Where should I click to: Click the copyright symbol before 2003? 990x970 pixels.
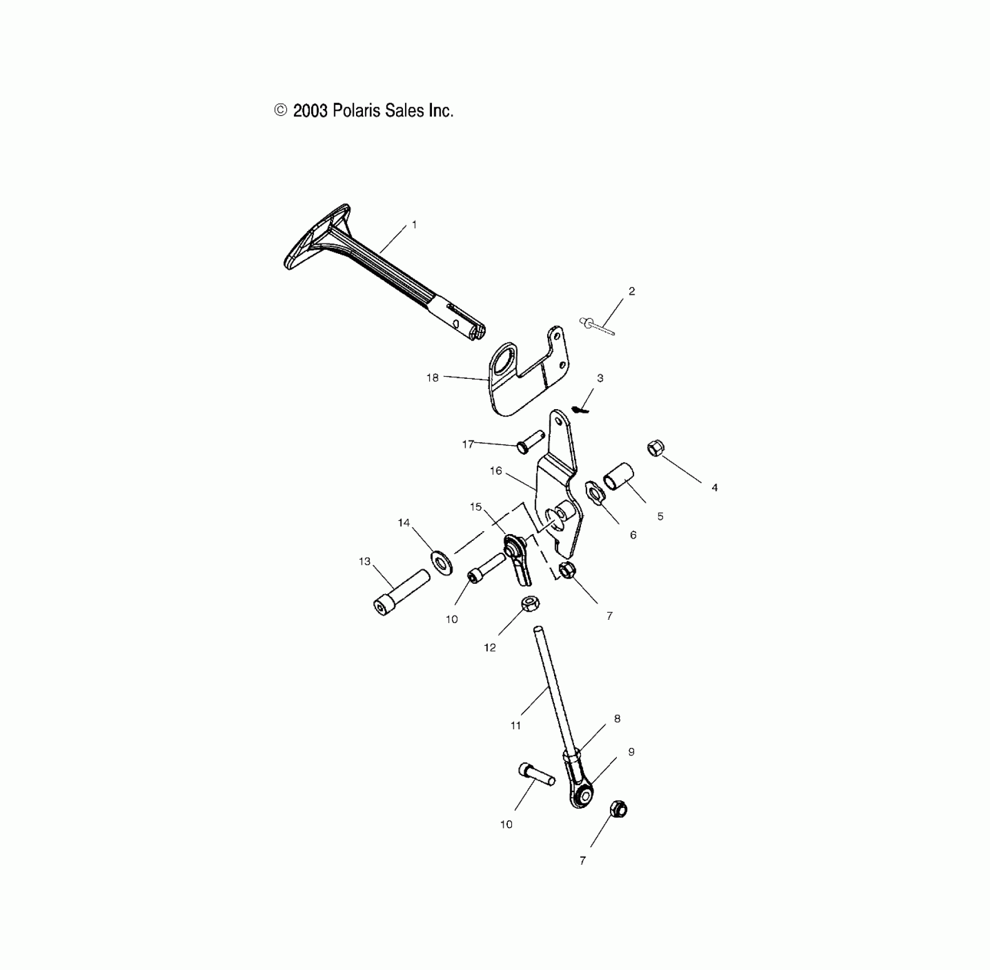point(281,110)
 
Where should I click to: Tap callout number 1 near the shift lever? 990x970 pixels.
point(414,225)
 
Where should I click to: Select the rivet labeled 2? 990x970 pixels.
point(597,326)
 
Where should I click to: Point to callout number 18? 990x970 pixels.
point(433,378)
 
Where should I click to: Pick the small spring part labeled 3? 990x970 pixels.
point(580,409)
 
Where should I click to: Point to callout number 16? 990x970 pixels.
point(496,471)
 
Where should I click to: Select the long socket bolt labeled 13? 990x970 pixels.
point(401,592)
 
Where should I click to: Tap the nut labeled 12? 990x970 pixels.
point(531,604)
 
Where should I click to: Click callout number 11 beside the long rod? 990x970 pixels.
point(516,726)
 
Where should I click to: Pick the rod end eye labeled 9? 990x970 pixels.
point(583,795)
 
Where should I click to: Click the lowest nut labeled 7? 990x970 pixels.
point(619,809)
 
